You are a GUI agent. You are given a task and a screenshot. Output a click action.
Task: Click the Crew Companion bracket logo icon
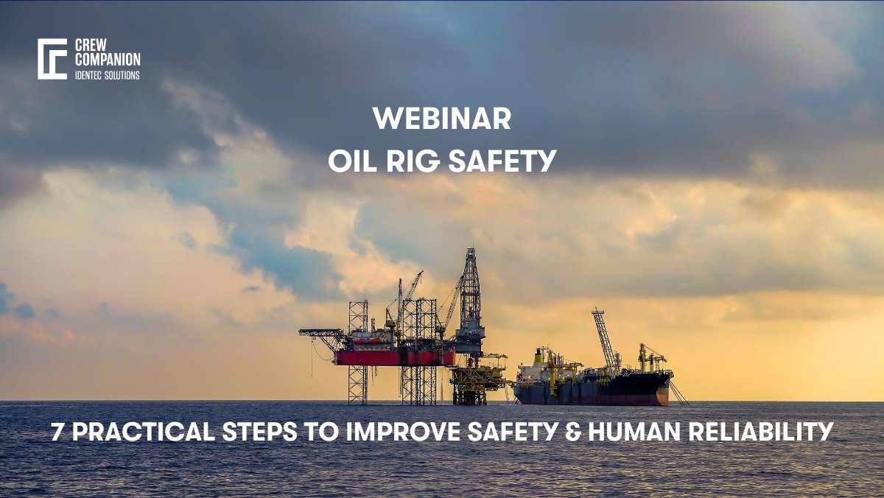click(x=52, y=59)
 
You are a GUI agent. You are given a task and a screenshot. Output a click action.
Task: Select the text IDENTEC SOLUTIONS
click(x=107, y=75)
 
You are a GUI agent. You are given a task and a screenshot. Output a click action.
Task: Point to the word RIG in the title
click(x=413, y=161)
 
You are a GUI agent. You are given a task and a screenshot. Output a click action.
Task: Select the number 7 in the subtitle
click(x=58, y=432)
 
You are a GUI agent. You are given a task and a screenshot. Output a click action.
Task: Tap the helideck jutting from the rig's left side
click(x=318, y=334)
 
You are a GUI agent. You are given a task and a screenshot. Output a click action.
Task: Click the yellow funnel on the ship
click(x=539, y=357)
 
